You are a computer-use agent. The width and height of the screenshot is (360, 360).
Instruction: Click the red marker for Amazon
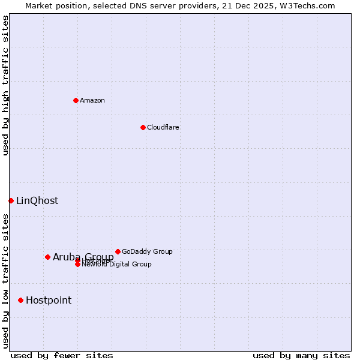pos(76,100)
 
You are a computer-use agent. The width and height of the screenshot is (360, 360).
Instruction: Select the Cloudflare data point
pos(143,127)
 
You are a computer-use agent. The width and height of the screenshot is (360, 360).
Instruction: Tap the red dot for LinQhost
pos(11,200)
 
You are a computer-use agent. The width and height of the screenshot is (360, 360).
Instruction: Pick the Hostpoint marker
pos(20,300)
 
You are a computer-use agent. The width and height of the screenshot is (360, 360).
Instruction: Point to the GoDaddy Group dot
pos(118,251)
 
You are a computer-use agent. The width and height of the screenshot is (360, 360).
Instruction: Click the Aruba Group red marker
pos(47,257)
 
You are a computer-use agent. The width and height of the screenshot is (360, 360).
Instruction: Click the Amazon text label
pos(92,100)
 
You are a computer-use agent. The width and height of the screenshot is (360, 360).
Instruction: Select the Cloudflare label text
pos(163,127)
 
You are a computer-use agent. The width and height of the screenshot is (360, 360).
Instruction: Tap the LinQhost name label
pos(37,200)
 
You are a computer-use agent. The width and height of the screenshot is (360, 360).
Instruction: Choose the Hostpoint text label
pos(49,300)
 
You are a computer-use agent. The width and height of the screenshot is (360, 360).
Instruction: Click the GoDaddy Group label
pos(147,251)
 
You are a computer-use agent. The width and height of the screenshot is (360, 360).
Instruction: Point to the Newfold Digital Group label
pos(116,264)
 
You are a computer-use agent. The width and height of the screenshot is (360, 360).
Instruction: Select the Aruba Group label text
pos(83,257)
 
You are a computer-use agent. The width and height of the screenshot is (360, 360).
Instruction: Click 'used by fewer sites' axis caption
pos(62,355)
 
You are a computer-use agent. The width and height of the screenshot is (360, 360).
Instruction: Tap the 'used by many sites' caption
pos(301,355)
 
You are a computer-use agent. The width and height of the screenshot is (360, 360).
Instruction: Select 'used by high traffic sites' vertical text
pos(5,85)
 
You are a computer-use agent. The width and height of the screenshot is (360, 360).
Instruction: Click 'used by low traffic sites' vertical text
pos(5,281)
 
